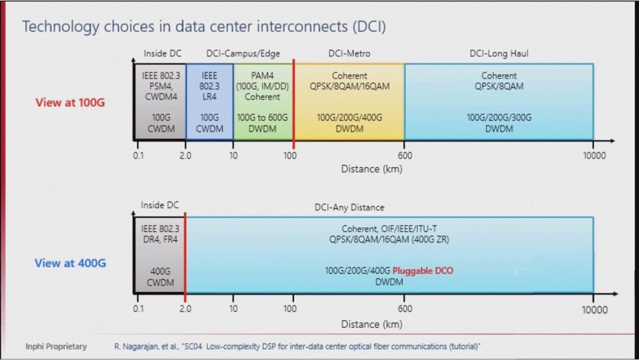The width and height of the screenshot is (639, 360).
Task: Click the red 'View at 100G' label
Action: pyautogui.click(x=70, y=102)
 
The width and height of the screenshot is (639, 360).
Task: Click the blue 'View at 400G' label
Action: pyautogui.click(x=70, y=263)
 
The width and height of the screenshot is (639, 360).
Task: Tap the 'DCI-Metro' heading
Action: pyautogui.click(x=349, y=53)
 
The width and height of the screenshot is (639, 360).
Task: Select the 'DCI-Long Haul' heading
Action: pyautogui.click(x=499, y=53)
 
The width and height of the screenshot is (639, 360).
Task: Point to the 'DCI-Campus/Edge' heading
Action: pyautogui.click(x=243, y=53)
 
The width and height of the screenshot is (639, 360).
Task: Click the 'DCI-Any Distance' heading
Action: pyautogui.click(x=349, y=207)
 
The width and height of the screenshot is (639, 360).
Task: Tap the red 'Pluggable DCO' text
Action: pyautogui.click(x=422, y=271)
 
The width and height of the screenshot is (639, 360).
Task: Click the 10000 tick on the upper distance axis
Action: pyautogui.click(x=594, y=155)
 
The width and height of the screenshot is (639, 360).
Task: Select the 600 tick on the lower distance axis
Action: pyautogui.click(x=405, y=308)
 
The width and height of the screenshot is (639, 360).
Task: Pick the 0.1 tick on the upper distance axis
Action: pyautogui.click(x=138, y=155)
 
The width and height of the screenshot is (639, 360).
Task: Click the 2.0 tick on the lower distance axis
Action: pyautogui.click(x=185, y=308)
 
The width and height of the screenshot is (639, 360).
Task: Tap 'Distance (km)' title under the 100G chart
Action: pyautogui.click(x=372, y=169)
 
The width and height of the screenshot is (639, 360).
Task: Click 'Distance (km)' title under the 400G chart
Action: pyautogui.click(x=372, y=324)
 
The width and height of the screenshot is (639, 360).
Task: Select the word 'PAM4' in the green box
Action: pyautogui.click(x=262, y=75)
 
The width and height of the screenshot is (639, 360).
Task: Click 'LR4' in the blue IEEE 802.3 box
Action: pyautogui.click(x=209, y=97)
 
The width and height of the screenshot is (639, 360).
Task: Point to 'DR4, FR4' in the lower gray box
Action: pyautogui.click(x=160, y=239)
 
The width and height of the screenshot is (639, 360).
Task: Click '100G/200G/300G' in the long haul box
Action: pyautogui.click(x=499, y=117)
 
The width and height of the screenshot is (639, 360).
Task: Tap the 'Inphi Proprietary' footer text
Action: pyautogui.click(x=56, y=346)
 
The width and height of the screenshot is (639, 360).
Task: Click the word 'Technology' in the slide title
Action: pyautogui.click(x=61, y=27)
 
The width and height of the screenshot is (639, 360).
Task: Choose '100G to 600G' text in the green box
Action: pyautogui.click(x=262, y=117)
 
